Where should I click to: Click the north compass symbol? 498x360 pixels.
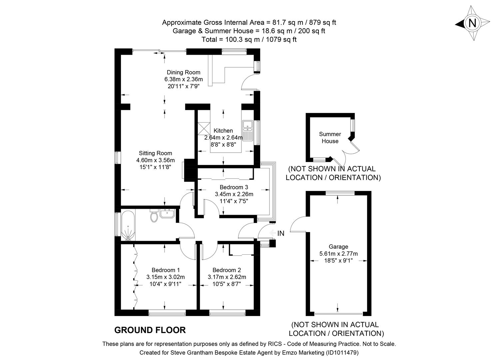[x=472, y=23]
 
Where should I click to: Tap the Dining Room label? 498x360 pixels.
[x=184, y=72]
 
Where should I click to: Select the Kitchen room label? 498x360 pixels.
[x=223, y=131]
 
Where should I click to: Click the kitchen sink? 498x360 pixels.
[x=248, y=130]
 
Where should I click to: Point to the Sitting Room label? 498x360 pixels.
[x=156, y=153]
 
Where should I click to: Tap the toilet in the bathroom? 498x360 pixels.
[x=154, y=216]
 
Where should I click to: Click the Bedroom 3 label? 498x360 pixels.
[x=234, y=187]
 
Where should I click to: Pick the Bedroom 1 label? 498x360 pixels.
[x=166, y=270]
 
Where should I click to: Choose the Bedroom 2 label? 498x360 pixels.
[x=227, y=270]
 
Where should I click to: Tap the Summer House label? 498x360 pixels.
[x=330, y=137]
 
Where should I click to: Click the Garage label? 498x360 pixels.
[x=338, y=247]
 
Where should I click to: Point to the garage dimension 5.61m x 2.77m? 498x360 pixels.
[x=338, y=254]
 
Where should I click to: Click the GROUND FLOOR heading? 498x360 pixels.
[x=150, y=330]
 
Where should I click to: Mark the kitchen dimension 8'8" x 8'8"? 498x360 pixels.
[x=223, y=145]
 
